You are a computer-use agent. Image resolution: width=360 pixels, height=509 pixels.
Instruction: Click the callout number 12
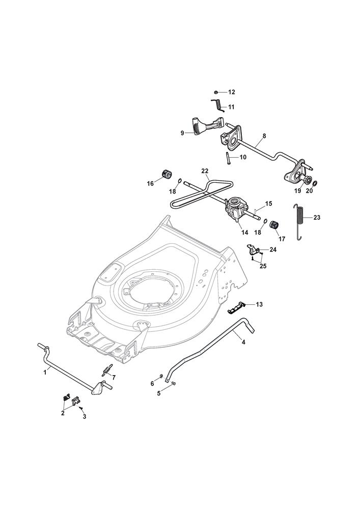click(231, 92)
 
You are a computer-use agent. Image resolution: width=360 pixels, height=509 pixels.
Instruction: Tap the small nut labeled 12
click(216, 92)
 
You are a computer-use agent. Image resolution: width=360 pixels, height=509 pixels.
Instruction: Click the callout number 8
click(264, 136)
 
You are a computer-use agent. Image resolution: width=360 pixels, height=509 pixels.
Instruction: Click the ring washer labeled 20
click(315, 183)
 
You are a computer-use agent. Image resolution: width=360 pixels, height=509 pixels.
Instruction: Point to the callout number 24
click(273, 249)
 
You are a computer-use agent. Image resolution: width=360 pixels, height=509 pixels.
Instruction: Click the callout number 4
click(243, 342)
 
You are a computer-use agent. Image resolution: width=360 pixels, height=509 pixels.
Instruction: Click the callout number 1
click(45, 372)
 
